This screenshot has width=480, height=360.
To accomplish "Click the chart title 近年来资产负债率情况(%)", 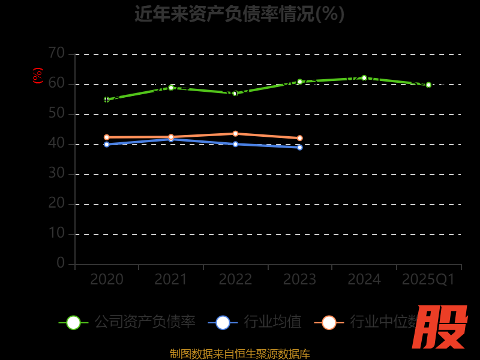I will tap(239, 14).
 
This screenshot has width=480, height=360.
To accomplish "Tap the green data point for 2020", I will tap(107, 100).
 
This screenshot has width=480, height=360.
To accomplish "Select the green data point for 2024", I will tap(364, 78).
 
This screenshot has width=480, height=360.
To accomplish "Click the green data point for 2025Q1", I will tap(428, 85).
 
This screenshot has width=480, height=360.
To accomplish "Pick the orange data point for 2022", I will tap(235, 134).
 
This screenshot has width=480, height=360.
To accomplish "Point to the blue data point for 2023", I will tap(300, 147).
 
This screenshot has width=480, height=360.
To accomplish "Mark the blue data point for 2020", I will tap(107, 144).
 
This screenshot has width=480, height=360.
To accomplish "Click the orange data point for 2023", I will tap(300, 138).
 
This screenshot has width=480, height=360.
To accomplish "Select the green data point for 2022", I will tap(235, 94).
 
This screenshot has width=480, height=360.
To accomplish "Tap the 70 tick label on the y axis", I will tap(56, 53).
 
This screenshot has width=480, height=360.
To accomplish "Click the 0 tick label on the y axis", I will tap(61, 263).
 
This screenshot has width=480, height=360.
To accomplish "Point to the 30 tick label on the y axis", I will tap(56, 173).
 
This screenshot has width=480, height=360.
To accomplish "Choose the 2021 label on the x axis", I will tap(171, 279).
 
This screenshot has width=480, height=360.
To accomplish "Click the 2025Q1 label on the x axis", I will tap(428, 279).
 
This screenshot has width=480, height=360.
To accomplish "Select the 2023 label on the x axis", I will tap(299, 279).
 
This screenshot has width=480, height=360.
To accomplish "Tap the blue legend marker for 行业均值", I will tap(223, 322).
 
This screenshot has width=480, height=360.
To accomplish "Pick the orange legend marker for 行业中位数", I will tap(329, 322).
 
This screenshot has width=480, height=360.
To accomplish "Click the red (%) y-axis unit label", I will tap(38, 76).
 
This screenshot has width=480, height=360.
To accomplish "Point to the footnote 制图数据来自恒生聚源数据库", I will tap(239, 353).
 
